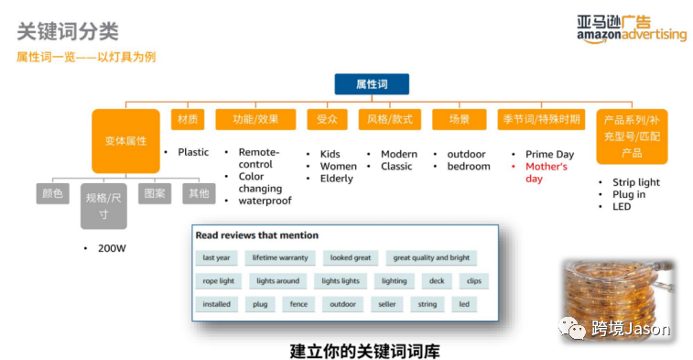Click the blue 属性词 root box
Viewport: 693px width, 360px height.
click(x=371, y=84)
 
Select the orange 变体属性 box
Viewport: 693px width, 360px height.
click(x=125, y=141)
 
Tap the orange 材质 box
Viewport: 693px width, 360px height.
click(x=188, y=119)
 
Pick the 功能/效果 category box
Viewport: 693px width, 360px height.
click(x=255, y=119)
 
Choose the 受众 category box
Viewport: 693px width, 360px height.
click(x=327, y=119)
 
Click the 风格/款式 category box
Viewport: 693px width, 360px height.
click(x=390, y=119)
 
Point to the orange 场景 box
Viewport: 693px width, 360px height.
click(x=459, y=119)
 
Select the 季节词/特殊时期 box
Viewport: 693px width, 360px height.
click(x=540, y=119)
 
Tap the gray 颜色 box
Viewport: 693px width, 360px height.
click(x=52, y=193)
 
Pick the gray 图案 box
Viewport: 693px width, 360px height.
click(x=154, y=193)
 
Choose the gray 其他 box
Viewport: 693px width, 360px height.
click(x=198, y=193)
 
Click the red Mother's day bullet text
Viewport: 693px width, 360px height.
click(x=547, y=173)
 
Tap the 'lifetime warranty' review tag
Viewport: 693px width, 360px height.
click(x=281, y=258)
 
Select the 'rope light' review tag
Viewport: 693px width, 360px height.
click(x=218, y=281)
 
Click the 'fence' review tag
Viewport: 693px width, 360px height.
click(x=298, y=304)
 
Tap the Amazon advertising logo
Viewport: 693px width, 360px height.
click(x=631, y=27)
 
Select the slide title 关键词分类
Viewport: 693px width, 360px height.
click(x=68, y=31)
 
